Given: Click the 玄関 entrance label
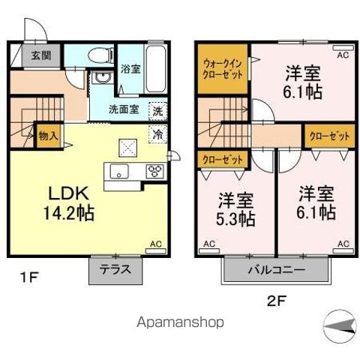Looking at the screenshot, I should (x=31, y=55).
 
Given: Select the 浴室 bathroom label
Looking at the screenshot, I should (x=130, y=68).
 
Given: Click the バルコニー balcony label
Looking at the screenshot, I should (x=274, y=268).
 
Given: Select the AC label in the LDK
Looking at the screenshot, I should (x=157, y=244).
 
